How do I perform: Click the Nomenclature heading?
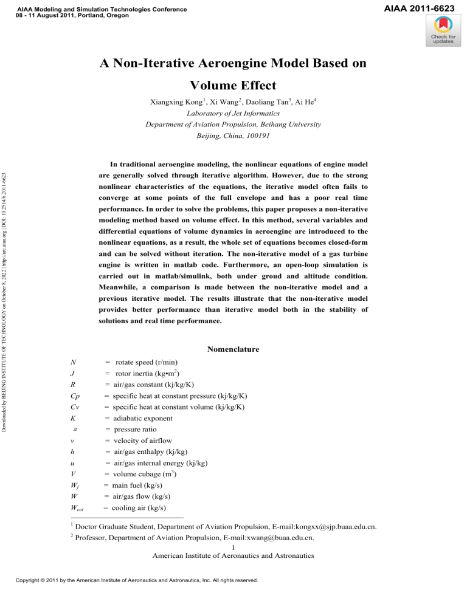coord(233,349)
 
